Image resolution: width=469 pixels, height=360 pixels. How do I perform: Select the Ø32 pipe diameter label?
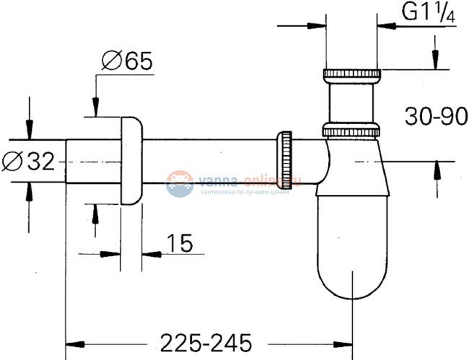point(30,162)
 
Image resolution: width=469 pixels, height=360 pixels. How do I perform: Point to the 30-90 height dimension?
point(430,116)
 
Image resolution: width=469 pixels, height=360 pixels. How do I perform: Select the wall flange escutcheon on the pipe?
point(131,160)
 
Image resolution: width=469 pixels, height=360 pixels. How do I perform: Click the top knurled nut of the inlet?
point(351,74)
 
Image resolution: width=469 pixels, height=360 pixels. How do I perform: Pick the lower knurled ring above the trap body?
point(351,131)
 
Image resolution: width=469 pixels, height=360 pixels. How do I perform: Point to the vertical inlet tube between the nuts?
point(351,102)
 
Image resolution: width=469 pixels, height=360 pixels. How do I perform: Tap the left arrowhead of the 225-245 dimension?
point(74,341)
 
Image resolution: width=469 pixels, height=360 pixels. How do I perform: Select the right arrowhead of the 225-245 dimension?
point(345,341)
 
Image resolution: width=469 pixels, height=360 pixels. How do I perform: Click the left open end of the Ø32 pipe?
point(67,162)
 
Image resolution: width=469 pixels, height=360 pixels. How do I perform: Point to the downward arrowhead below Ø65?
point(95,109)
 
